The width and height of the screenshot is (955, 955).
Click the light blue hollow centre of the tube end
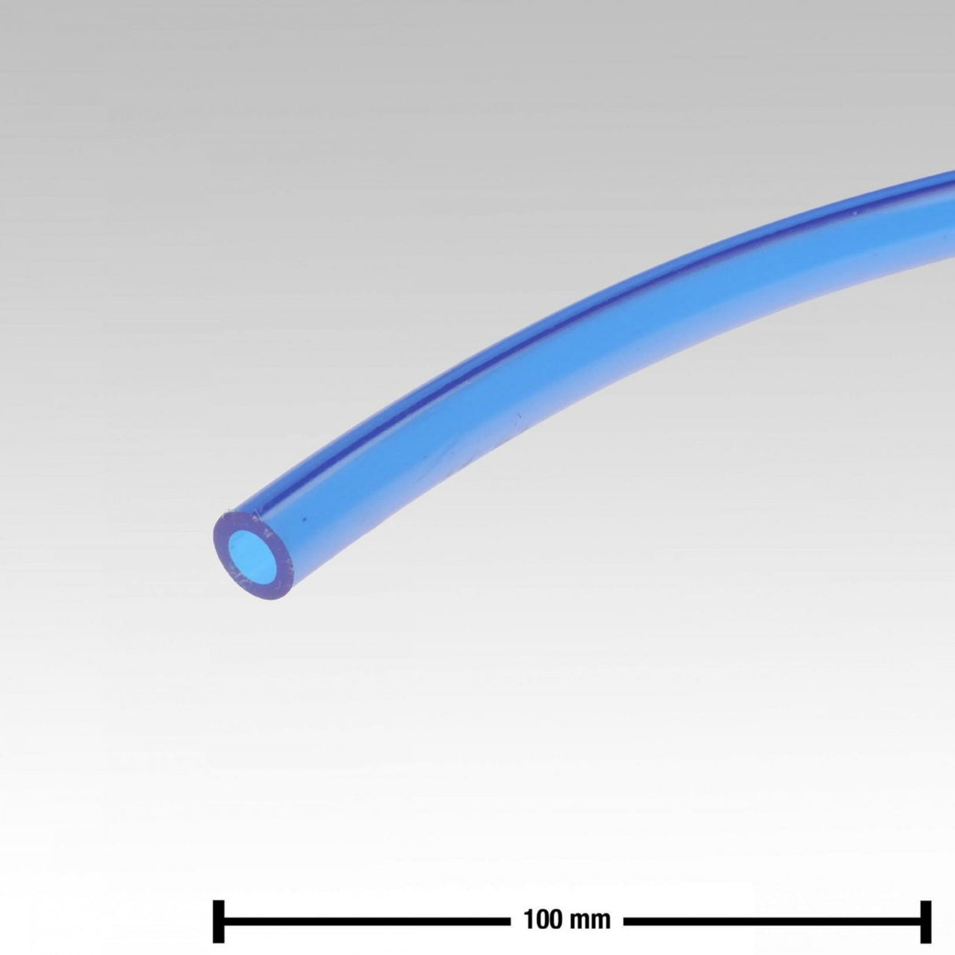(x=254, y=554)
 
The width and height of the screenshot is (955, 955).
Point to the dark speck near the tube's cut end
(x=304, y=520)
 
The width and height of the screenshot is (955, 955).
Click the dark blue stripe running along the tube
(x=545, y=317)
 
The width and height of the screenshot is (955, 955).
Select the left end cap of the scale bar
(x=218, y=906)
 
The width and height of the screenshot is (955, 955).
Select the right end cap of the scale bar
(x=925, y=906)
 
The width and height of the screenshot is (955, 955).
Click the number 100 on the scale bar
(x=543, y=906)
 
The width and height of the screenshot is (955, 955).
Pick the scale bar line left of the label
(x=367, y=906)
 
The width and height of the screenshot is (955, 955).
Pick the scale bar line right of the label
(x=772, y=906)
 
